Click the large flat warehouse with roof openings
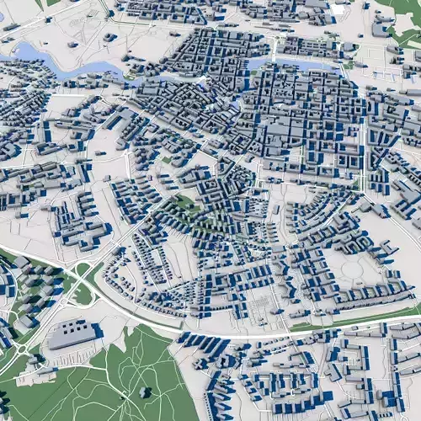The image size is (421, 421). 72,334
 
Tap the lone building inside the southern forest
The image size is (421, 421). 145,392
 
